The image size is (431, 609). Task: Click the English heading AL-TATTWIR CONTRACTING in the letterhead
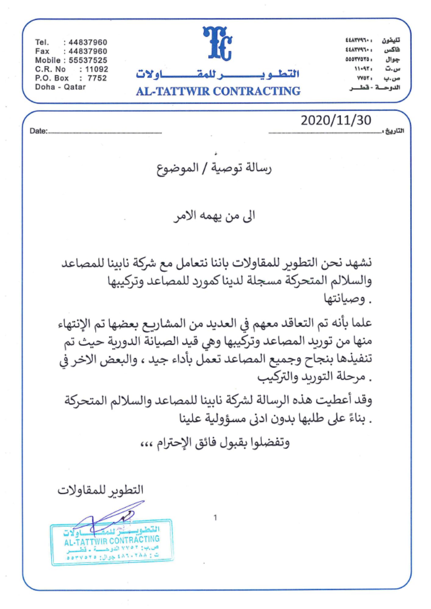218,91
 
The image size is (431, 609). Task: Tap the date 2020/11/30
336,121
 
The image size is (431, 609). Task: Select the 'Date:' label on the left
39,131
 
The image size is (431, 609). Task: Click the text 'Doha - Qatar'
60,87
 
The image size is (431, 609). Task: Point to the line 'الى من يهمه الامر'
214,216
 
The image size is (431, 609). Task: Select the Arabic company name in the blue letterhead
218,74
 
